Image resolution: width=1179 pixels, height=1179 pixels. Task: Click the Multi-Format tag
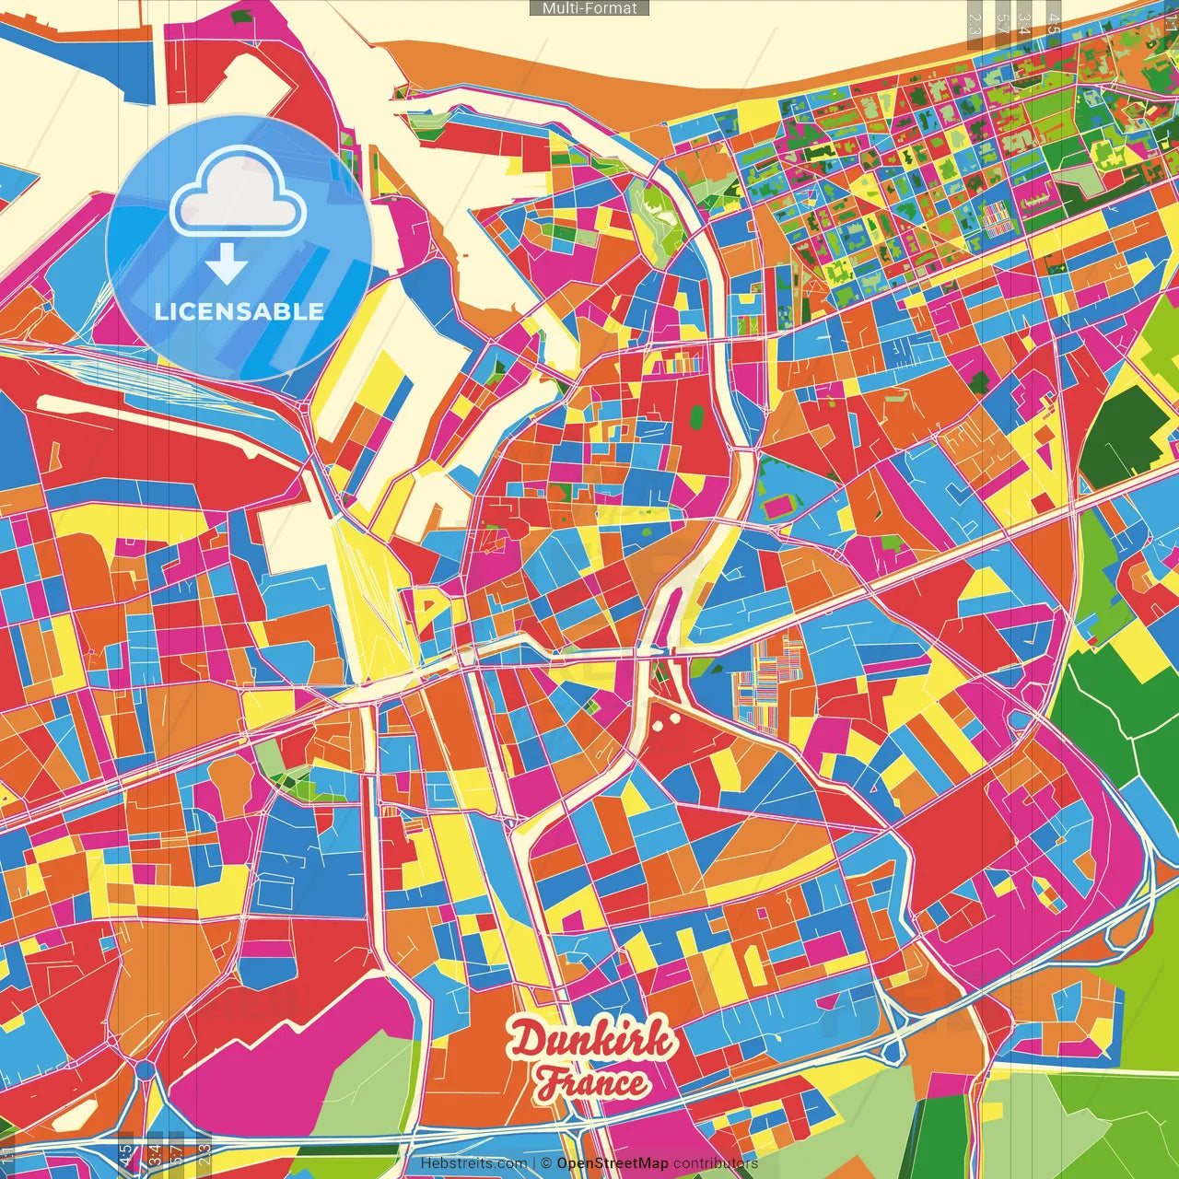pos(589,8)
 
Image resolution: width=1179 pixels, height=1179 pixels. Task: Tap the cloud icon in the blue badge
pos(238,193)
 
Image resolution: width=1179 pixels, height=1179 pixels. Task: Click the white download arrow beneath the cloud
pos(227,263)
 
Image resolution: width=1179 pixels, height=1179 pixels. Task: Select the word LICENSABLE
pos(239,311)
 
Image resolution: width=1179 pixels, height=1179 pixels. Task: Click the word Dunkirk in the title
pos(591,1041)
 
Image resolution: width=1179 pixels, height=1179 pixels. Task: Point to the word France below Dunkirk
pos(592,1082)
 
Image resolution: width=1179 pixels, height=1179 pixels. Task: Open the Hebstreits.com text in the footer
pos(473,1163)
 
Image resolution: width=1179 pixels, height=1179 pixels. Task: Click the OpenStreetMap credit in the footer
pos(612,1163)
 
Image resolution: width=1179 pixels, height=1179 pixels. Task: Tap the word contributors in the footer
pos(715,1163)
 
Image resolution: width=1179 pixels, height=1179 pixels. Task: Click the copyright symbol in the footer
pos(546,1163)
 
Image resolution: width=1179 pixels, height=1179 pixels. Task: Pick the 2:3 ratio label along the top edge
pos(975,24)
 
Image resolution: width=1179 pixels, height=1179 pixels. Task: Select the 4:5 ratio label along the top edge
pos(1053,24)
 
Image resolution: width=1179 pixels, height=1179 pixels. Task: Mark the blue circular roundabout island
pos(146,1070)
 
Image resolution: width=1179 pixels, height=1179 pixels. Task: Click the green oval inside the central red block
pos(697,417)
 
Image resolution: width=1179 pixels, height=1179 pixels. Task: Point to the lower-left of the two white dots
pos(658,725)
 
